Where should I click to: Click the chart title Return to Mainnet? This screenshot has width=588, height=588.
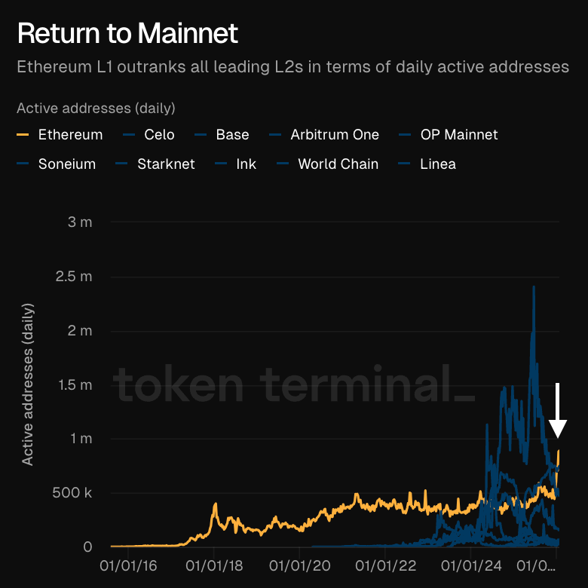[127, 33]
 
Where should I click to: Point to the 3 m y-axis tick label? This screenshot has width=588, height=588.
[79, 222]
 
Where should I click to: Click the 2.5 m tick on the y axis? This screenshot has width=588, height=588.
[75, 277]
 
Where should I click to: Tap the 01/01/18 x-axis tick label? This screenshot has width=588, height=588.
[213, 565]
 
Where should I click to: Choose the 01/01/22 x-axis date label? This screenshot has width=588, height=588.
[385, 565]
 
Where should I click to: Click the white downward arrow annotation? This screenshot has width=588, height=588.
[557, 411]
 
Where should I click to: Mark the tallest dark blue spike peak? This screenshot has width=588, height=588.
[534, 287]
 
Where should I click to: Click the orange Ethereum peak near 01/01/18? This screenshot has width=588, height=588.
[215, 504]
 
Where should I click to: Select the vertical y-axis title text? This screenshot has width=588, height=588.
[28, 384]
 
